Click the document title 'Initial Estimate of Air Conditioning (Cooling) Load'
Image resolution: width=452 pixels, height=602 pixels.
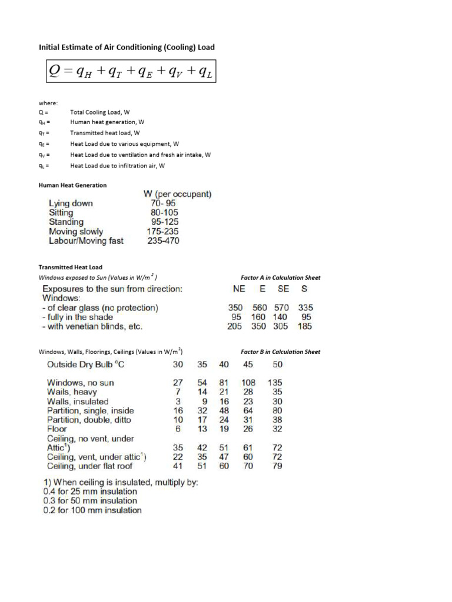(x=131, y=47)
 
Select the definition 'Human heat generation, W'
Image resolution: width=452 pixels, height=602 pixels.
(x=107, y=122)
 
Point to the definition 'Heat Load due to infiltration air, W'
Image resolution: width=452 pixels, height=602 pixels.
(x=118, y=166)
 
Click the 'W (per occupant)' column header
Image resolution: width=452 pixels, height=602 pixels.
(x=178, y=194)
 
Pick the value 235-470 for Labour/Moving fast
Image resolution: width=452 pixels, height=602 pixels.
(x=163, y=241)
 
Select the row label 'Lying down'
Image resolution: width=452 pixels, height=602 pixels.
(x=71, y=204)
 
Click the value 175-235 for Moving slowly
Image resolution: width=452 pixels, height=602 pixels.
(x=163, y=232)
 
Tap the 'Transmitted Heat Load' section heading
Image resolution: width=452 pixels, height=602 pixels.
(x=71, y=267)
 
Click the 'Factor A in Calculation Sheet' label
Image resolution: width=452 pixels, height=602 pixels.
(x=281, y=277)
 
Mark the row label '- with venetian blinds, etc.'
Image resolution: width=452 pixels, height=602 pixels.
(x=92, y=326)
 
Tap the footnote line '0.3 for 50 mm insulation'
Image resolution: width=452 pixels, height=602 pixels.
(x=90, y=501)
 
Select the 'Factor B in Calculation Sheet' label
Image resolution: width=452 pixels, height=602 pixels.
(x=281, y=352)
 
